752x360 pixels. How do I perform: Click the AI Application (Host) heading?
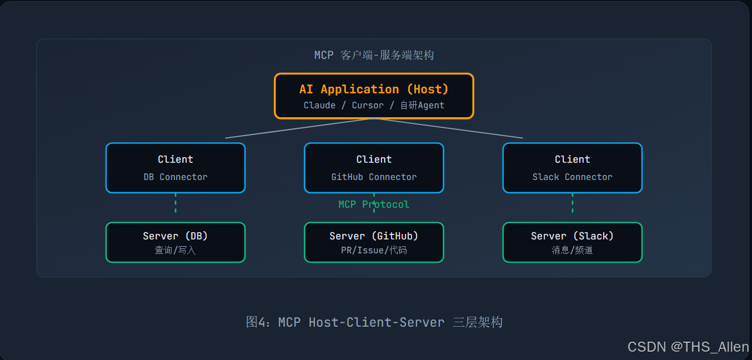pyautogui.click(x=374, y=89)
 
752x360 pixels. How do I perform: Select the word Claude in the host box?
pyautogui.click(x=319, y=106)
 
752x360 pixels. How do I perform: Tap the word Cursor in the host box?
pyautogui.click(x=368, y=106)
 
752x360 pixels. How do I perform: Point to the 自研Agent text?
pyautogui.click(x=422, y=106)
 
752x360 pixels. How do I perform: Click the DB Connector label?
pyautogui.click(x=176, y=177)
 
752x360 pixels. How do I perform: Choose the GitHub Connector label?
pyautogui.click(x=374, y=177)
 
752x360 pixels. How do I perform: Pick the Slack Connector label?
pyautogui.click(x=573, y=177)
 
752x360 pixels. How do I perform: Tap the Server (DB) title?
pyautogui.click(x=176, y=236)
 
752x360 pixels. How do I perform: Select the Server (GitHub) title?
pyautogui.click(x=374, y=236)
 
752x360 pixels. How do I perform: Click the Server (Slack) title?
pyautogui.click(x=573, y=236)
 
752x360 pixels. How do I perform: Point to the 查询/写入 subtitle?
pyautogui.click(x=176, y=250)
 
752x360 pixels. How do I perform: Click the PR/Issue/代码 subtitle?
pyautogui.click(x=374, y=250)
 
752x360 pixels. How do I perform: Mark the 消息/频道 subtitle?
pyautogui.click(x=573, y=250)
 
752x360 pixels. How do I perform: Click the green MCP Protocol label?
pyautogui.click(x=374, y=204)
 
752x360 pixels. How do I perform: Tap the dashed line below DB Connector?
pyautogui.click(x=176, y=203)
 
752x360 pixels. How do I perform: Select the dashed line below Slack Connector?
pyautogui.click(x=573, y=203)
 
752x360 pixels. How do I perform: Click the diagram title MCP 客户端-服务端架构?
pyautogui.click(x=374, y=55)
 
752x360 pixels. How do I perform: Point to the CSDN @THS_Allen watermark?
pyautogui.click(x=688, y=347)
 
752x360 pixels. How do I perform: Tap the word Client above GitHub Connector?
pyautogui.click(x=374, y=159)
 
